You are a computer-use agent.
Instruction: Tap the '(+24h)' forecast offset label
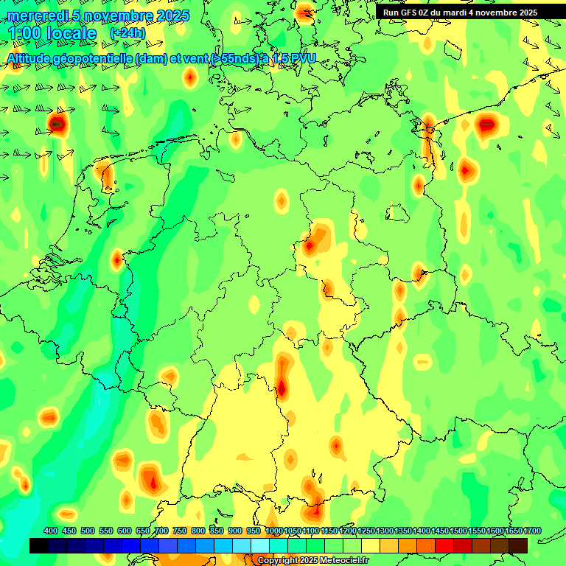tap(127, 33)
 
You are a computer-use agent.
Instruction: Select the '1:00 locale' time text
tap(53, 34)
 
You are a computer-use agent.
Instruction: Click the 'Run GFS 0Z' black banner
tap(459, 12)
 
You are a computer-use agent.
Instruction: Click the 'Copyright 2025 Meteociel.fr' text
tap(312, 561)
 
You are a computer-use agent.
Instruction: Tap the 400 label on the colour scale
tap(51, 531)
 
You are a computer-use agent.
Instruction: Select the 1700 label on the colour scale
tap(533, 531)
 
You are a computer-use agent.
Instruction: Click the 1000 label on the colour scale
tap(274, 531)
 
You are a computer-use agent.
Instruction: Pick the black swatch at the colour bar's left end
tap(39, 545)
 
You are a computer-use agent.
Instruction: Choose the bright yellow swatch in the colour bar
tap(371, 545)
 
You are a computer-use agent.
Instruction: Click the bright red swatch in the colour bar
tap(444, 545)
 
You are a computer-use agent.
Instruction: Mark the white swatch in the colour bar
tap(260, 545)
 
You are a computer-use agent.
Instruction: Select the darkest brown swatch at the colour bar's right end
tap(518, 545)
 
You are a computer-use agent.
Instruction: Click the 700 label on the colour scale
tap(161, 531)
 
